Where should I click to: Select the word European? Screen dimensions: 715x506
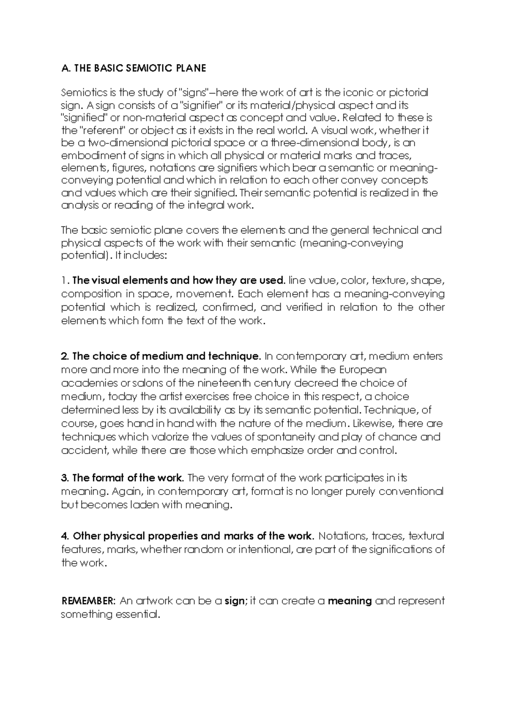pos(363,370)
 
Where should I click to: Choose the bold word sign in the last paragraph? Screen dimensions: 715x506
pos(234,601)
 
